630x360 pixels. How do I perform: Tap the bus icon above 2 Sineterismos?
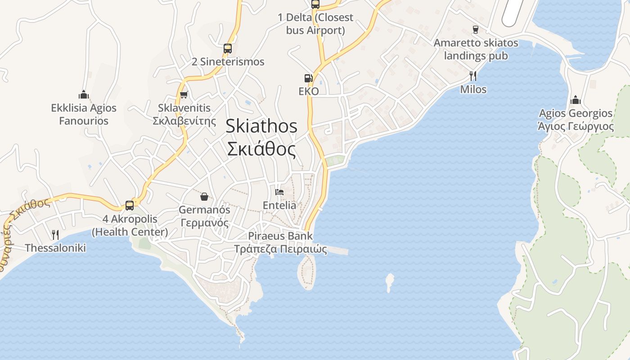tap(228, 48)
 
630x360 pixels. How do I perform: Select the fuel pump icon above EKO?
tap(308, 78)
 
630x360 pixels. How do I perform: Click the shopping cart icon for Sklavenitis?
tap(184, 94)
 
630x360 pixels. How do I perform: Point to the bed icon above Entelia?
tap(279, 192)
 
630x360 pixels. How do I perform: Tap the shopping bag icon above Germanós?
tap(204, 197)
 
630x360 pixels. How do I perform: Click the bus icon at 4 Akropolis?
tap(130, 206)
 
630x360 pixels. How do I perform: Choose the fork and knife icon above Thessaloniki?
tap(55, 234)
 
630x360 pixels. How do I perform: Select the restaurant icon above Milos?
tap(473, 76)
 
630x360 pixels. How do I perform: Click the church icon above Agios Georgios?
tap(575, 100)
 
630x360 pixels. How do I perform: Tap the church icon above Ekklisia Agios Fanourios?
tap(84, 94)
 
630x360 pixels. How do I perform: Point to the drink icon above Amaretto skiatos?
tap(476, 30)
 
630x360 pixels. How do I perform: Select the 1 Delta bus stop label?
tap(315, 24)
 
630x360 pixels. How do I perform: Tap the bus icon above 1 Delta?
tap(315, 4)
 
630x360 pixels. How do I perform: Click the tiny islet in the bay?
tap(390, 282)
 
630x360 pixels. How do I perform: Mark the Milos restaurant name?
tap(473, 89)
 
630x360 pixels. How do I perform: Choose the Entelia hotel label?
tap(279, 205)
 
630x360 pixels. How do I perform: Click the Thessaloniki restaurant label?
tap(55, 247)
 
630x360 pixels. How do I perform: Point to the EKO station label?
tap(309, 91)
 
